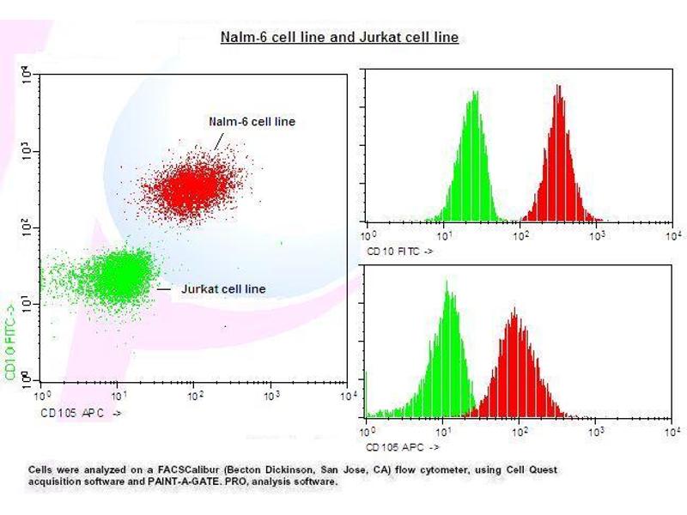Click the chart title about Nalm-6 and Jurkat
tap(339, 38)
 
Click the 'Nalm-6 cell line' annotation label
tap(252, 122)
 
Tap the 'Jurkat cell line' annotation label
tap(223, 289)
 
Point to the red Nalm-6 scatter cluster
tap(195, 185)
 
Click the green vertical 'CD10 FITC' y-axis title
tap(10, 338)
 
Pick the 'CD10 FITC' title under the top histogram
tap(399, 252)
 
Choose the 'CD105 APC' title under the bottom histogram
tap(403, 447)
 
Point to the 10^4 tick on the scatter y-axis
tap(27, 76)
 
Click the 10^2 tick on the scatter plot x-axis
tap(196, 396)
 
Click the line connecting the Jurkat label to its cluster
tap(165, 289)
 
